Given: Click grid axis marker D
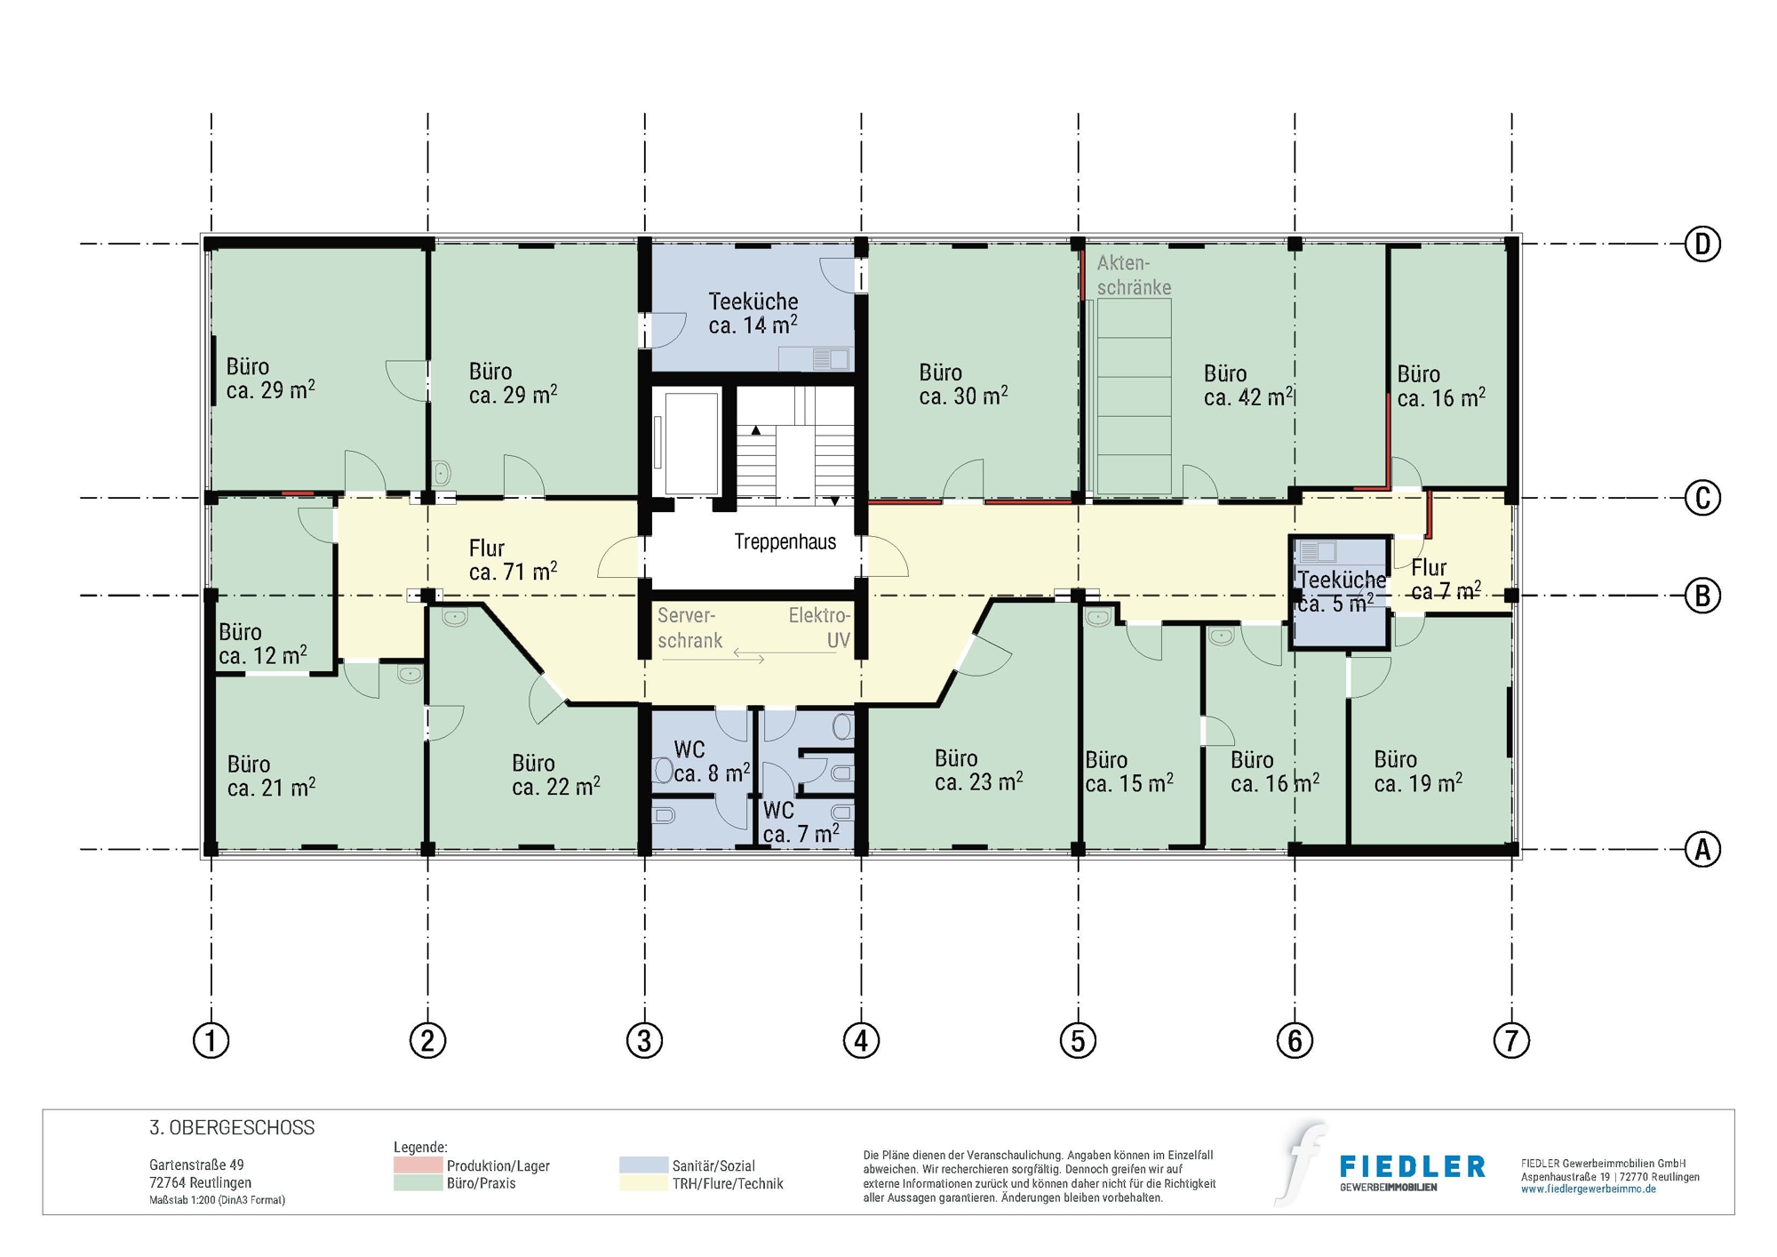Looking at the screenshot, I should pyautogui.click(x=1701, y=244).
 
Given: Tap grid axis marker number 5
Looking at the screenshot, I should pyautogui.click(x=1078, y=1039).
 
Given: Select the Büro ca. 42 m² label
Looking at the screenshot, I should pyautogui.click(x=1247, y=385).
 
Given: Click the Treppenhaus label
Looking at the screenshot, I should pyautogui.click(x=785, y=541).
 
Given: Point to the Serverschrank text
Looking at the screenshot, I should pyautogui.click(x=689, y=628).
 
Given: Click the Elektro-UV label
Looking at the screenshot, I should pyautogui.click(x=820, y=628).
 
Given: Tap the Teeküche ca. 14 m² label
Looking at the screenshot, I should pyautogui.click(x=753, y=313).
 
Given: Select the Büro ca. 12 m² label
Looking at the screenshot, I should pyautogui.click(x=262, y=644).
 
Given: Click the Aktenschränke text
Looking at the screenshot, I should pyautogui.click(x=1133, y=275).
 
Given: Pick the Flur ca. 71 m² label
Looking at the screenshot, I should pyautogui.click(x=512, y=560).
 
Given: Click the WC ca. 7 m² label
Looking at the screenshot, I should pyautogui.click(x=800, y=821).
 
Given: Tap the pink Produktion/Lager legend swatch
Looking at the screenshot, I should pyautogui.click(x=418, y=1165).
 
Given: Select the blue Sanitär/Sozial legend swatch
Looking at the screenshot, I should pyautogui.click(x=643, y=1165).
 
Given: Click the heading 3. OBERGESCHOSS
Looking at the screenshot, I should pyautogui.click(x=232, y=1127).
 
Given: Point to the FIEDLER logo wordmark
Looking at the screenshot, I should pyautogui.click(x=1411, y=1166).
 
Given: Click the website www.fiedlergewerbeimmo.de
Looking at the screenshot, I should pyautogui.click(x=1588, y=1189).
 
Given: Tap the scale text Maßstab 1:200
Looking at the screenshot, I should pyautogui.click(x=217, y=1200).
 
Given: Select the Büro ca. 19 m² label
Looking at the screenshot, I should pyautogui.click(x=1417, y=771).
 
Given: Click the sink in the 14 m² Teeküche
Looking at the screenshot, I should pyautogui.click(x=831, y=359).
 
